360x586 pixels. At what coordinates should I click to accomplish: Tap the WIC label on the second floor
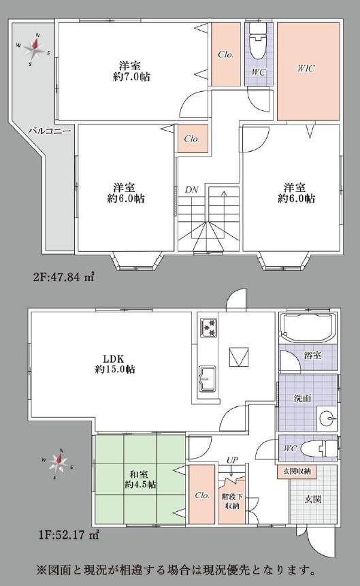(x=306, y=68)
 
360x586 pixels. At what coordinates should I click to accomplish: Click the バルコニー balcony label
(x=50, y=131)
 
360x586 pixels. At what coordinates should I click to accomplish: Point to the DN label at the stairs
(x=191, y=189)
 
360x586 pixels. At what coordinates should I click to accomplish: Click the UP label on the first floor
(x=232, y=460)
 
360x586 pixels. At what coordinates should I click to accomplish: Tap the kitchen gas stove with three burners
(x=208, y=327)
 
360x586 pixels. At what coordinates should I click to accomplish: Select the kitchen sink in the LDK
(x=208, y=378)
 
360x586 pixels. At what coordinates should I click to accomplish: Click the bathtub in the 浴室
(x=306, y=328)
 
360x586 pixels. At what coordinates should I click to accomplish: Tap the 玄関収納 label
(x=297, y=471)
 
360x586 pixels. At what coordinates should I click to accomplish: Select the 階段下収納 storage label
(x=232, y=501)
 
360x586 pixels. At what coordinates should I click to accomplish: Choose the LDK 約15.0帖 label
(x=115, y=363)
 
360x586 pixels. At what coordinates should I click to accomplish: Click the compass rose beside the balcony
(x=35, y=48)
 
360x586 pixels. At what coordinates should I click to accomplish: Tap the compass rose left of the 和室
(x=58, y=463)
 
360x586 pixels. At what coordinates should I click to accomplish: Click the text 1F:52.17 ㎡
(x=68, y=535)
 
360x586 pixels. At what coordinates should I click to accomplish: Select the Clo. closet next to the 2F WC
(x=226, y=54)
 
